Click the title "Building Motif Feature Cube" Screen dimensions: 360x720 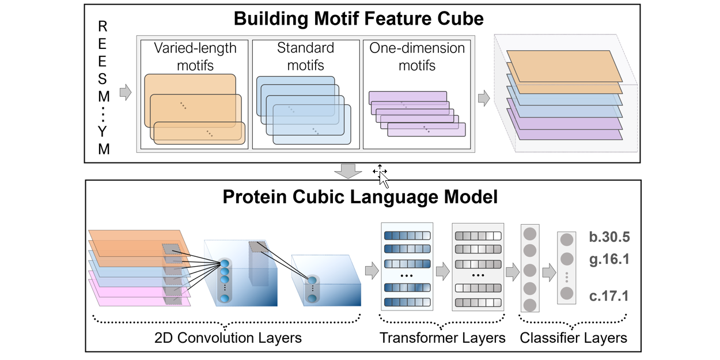[358, 18]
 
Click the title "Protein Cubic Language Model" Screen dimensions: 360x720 [360, 198]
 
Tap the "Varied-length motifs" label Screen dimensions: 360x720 [195, 56]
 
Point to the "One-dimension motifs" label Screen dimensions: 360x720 [417, 56]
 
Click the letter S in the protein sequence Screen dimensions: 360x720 [103, 80]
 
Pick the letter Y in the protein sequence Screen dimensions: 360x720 [103, 131]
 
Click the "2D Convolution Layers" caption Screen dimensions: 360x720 [228, 338]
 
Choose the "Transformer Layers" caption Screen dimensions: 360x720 [442, 338]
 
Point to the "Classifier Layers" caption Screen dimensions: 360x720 [573, 338]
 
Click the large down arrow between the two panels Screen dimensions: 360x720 [347, 170]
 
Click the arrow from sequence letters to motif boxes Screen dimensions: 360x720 [125, 92]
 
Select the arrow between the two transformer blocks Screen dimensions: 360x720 [442, 269]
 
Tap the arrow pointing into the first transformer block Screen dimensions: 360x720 [372, 269]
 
